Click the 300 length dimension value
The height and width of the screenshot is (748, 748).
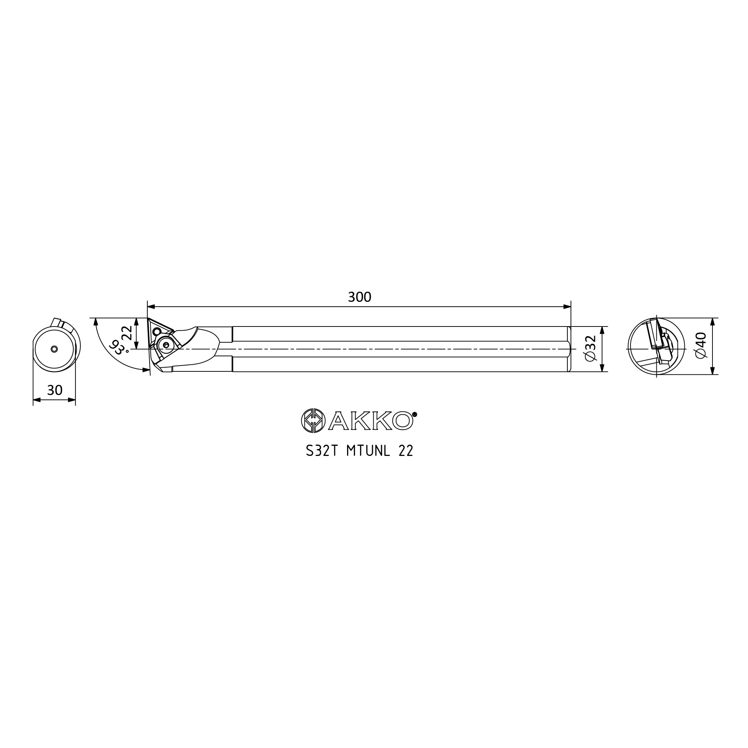[359, 297]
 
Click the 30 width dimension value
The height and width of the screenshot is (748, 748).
[55, 390]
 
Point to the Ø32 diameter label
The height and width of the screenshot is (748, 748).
[591, 349]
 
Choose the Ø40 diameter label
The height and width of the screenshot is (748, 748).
[701, 345]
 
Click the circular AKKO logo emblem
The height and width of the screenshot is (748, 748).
[313, 420]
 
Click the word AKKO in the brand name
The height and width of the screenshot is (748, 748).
[371, 421]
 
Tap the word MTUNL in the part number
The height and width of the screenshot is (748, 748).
[368, 451]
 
